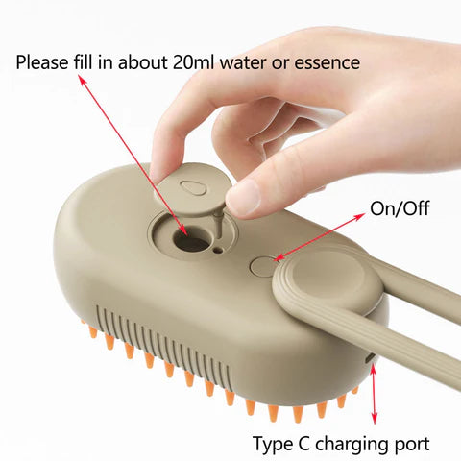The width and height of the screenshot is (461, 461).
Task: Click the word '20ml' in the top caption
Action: click(x=199, y=63)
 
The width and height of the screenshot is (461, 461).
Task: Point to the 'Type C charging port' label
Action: click(x=341, y=444)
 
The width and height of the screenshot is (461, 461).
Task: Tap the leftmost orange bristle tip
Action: click(x=93, y=332)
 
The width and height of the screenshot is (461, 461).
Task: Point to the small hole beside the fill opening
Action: click(x=221, y=250)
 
